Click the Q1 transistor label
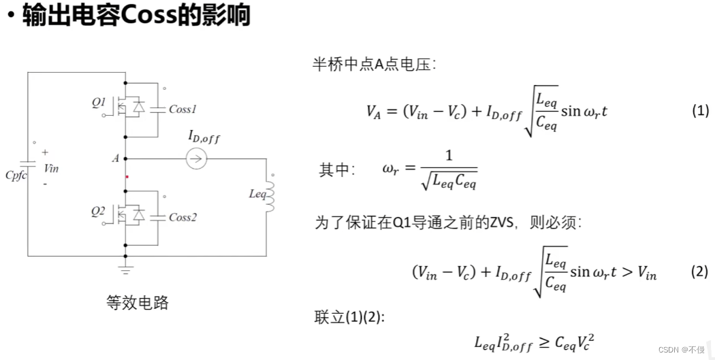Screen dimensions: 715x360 click(99, 103)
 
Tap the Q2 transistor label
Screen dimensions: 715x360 click(99, 212)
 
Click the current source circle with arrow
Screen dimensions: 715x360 click(195, 159)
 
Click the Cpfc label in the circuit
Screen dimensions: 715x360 click(16, 175)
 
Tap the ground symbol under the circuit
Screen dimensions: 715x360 click(125, 270)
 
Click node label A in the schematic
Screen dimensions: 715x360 click(116, 159)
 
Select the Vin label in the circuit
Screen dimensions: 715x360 click(51, 168)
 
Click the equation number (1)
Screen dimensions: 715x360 click(700, 111)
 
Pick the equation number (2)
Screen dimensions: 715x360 click(700, 271)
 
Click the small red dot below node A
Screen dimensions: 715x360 click(126, 177)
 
